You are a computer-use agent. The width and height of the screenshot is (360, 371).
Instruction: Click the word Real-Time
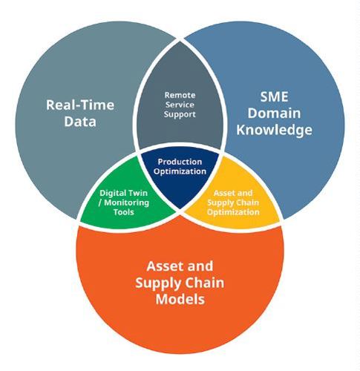80,105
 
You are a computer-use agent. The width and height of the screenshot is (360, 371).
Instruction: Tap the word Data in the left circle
80,122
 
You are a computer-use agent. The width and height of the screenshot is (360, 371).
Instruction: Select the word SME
274,96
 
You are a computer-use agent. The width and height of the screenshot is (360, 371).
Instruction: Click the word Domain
274,113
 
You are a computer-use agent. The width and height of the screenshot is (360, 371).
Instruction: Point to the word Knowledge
274,130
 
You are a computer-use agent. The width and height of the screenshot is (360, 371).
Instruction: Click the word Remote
180,95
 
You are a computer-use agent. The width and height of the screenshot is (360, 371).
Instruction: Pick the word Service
180,105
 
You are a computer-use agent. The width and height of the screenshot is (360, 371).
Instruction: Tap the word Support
180,114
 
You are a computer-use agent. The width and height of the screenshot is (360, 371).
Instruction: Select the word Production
180,162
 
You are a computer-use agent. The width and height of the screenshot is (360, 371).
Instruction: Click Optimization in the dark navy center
180,171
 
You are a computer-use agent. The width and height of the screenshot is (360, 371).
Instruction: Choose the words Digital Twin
123,193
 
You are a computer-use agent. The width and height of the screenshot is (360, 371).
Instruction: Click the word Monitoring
127,203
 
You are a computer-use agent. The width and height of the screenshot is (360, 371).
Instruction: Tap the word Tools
124,212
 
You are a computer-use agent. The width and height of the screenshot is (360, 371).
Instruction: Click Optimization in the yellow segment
233,212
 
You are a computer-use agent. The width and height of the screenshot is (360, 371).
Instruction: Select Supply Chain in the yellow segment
233,203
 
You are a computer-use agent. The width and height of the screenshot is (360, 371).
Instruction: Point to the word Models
180,299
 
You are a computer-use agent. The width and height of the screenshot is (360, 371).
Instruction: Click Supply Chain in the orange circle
180,283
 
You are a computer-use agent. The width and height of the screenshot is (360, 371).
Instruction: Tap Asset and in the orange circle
180,266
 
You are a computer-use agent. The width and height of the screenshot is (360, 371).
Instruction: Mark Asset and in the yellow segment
233,193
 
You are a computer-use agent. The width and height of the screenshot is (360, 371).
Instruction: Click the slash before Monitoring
100,203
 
